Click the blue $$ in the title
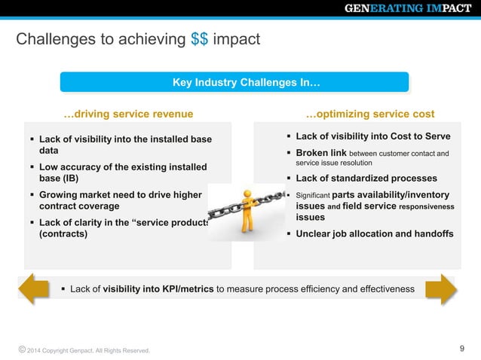click(200, 38)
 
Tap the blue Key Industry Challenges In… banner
click(235, 82)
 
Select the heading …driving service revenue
click(128, 114)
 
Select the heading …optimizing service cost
click(369, 114)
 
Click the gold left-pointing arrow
click(33, 289)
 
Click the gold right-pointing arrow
click(441, 289)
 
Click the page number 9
click(462, 349)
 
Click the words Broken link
click(321, 154)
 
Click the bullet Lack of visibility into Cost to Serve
click(372, 136)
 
